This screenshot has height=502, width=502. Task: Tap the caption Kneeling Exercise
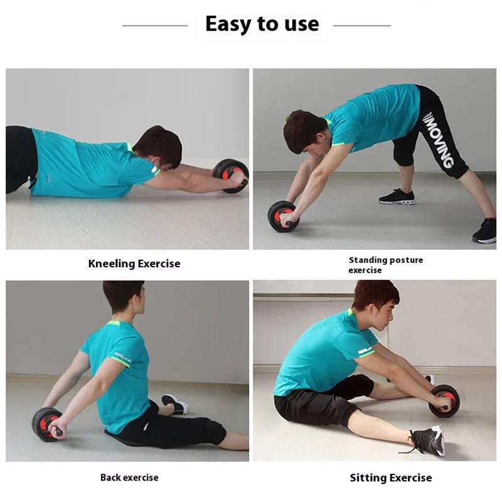tap(134, 264)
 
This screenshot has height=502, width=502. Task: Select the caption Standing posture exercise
tap(386, 265)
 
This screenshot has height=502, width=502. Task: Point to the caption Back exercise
tap(129, 478)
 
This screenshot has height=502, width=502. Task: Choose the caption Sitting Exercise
tap(390, 478)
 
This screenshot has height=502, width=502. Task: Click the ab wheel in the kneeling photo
tap(231, 176)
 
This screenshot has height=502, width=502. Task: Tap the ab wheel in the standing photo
tap(284, 216)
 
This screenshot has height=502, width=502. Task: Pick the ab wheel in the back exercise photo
tap(47, 424)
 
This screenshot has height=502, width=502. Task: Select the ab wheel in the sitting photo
tap(444, 400)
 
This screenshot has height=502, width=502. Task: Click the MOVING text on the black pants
tap(439, 140)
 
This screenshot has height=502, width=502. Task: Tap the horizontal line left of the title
tap(155, 26)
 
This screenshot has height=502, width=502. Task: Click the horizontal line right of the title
tap(362, 26)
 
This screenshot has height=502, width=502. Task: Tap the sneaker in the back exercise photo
tap(175, 403)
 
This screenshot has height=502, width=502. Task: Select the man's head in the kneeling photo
tap(159, 147)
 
